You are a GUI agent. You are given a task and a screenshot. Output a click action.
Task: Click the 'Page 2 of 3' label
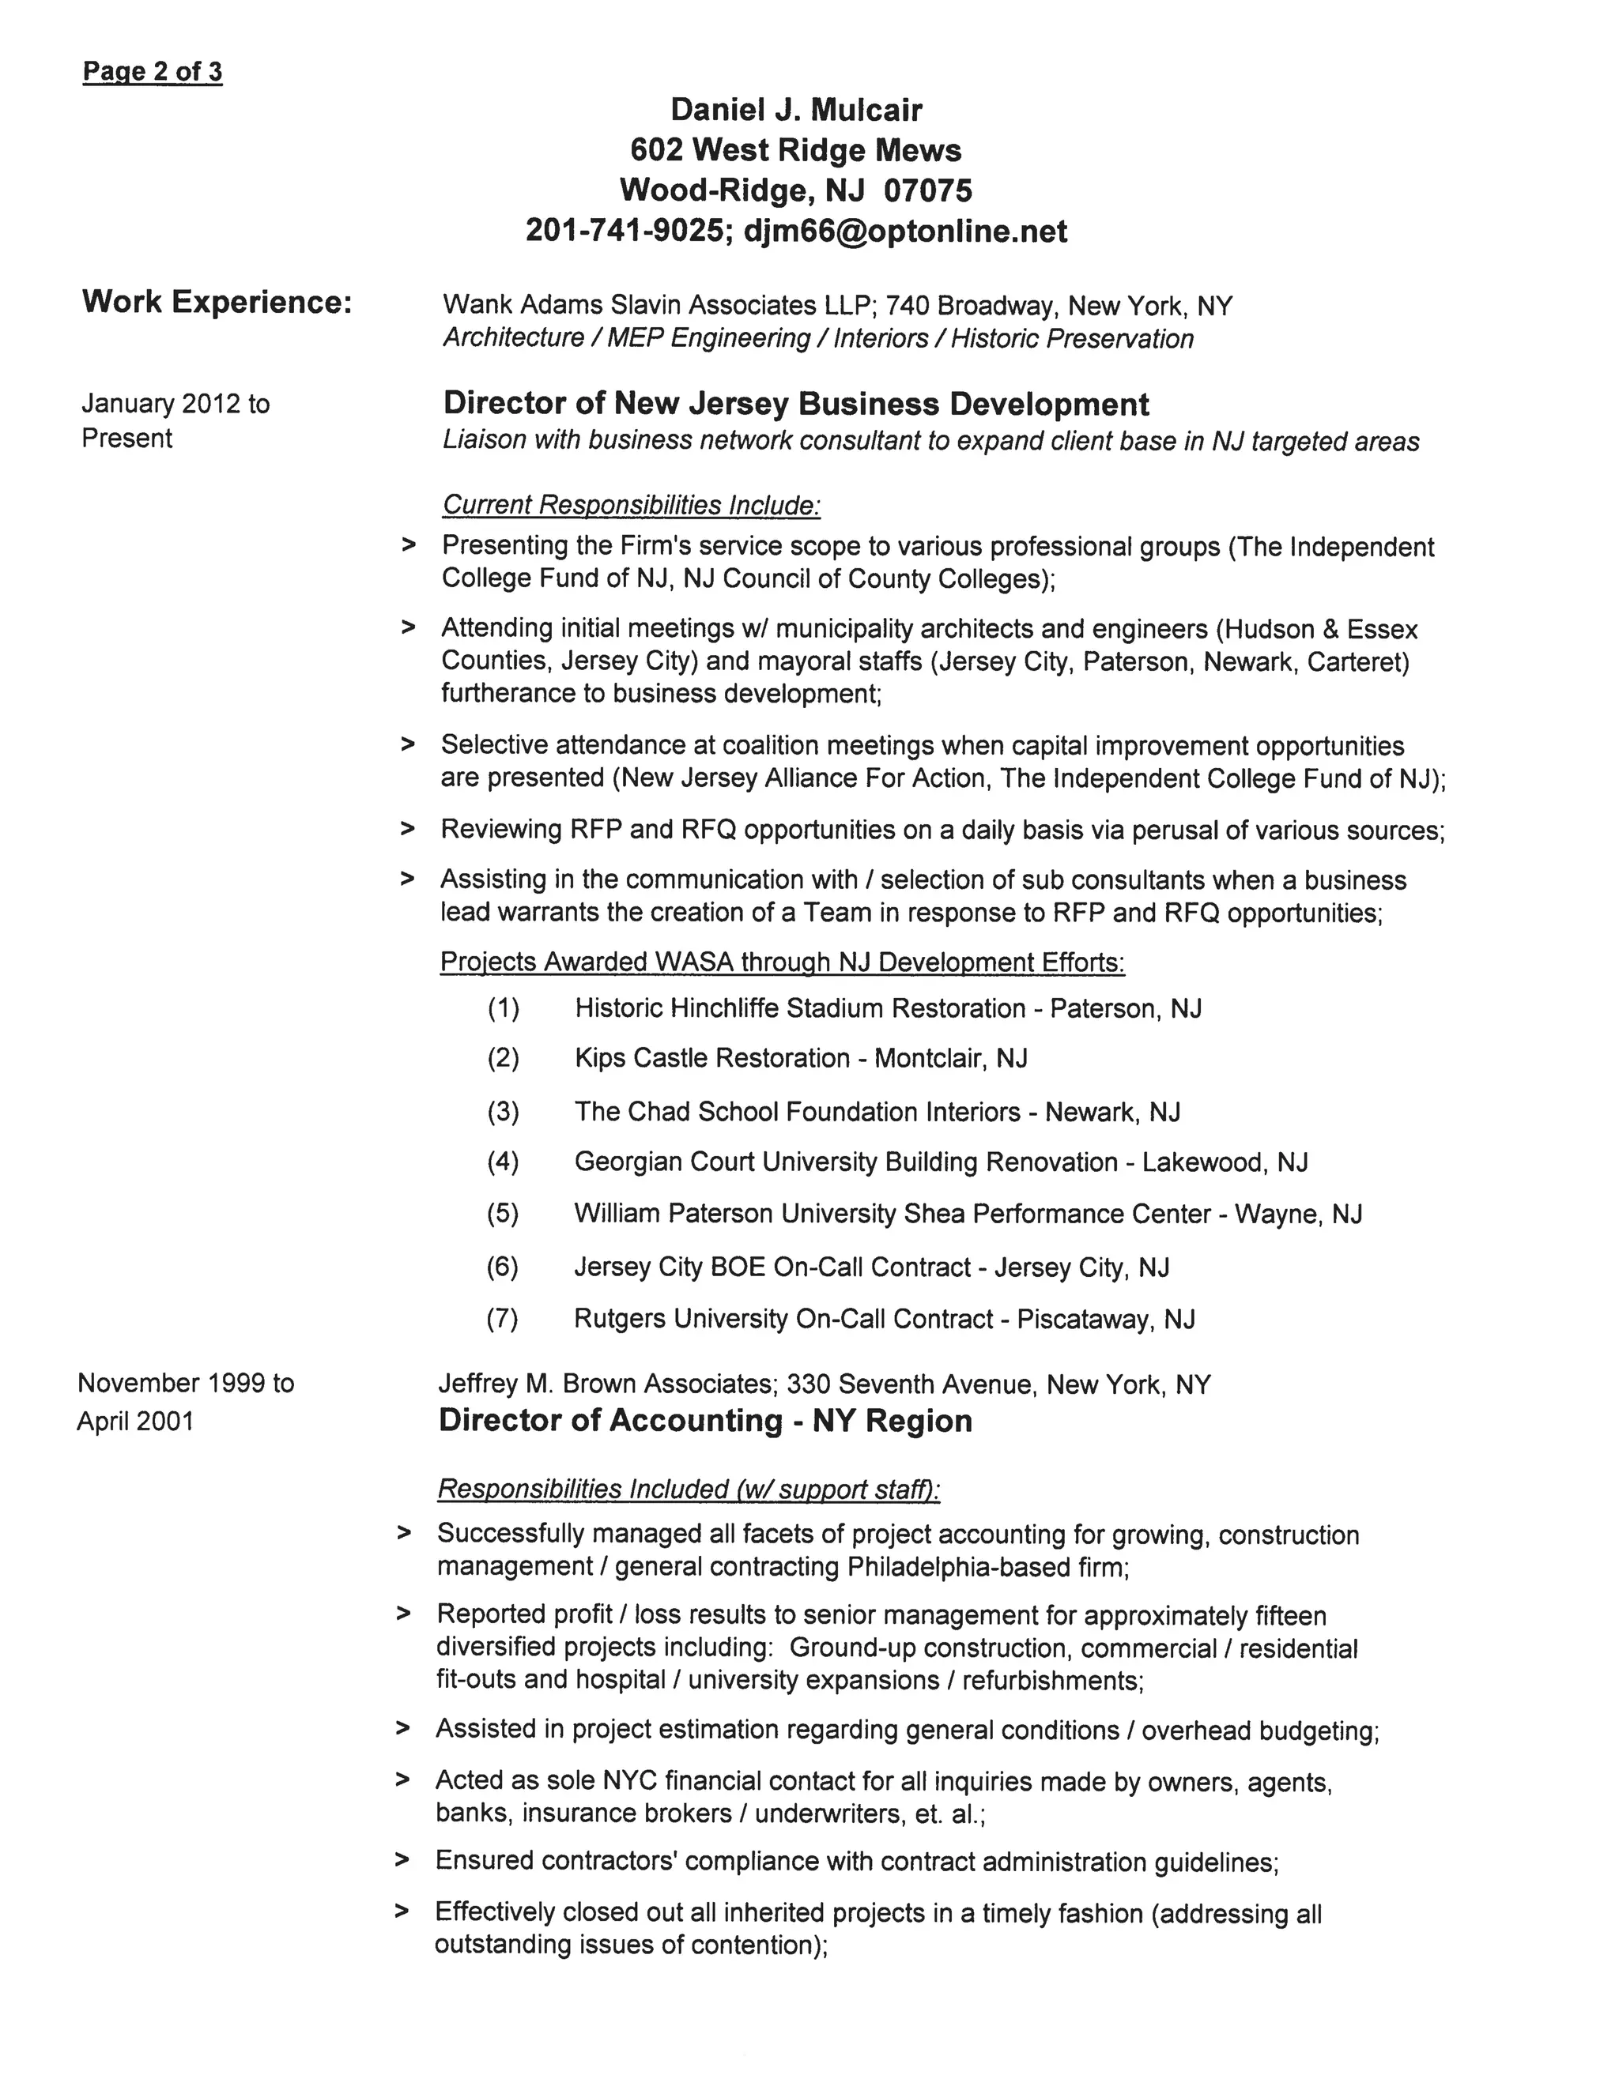[x=153, y=72]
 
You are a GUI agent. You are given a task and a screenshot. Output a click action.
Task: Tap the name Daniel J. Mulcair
[x=796, y=111]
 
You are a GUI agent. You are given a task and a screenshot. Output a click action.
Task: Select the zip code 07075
[x=927, y=190]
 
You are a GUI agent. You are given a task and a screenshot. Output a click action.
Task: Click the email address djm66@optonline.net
[x=904, y=231]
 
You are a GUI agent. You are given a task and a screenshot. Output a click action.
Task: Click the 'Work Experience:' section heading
[x=217, y=302]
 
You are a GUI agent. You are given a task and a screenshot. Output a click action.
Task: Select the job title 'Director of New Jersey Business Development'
[x=795, y=404]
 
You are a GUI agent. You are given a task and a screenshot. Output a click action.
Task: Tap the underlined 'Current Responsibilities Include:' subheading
[x=631, y=504]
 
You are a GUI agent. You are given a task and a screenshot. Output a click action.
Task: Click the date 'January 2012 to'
[x=175, y=404]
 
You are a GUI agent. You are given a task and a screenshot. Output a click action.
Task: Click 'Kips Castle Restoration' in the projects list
[x=711, y=1059]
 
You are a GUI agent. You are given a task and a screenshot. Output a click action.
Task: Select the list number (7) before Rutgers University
[x=503, y=1320]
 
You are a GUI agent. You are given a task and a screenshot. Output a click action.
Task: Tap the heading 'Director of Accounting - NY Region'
[x=705, y=1421]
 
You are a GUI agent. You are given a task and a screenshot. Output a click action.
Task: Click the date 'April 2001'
[x=135, y=1421]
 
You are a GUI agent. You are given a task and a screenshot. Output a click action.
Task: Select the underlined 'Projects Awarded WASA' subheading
[x=782, y=962]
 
